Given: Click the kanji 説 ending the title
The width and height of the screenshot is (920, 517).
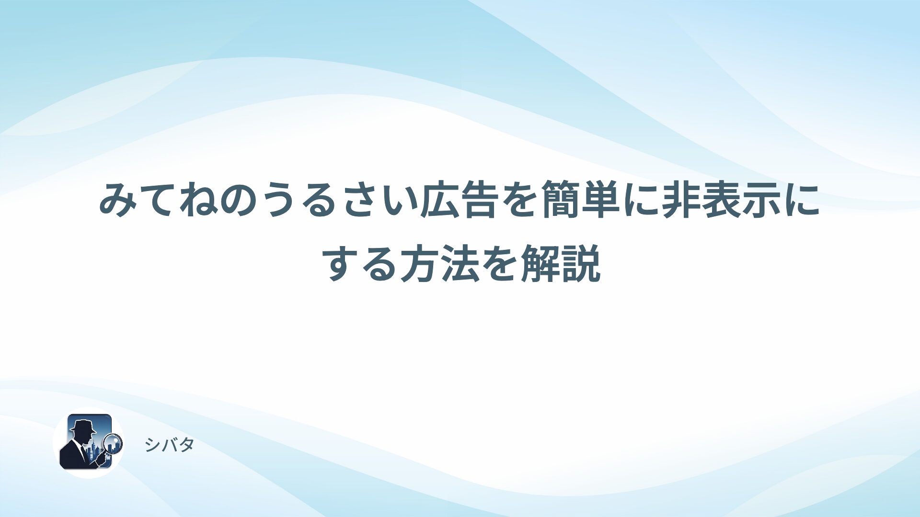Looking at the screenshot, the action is click(581, 263).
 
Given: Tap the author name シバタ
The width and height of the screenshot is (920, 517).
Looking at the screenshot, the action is click(170, 445).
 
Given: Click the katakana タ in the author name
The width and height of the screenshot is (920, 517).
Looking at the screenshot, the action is click(186, 445).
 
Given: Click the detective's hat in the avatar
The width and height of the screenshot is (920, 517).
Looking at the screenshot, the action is click(82, 425).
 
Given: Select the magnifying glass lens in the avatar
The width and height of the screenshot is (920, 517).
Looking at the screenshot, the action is click(114, 443).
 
